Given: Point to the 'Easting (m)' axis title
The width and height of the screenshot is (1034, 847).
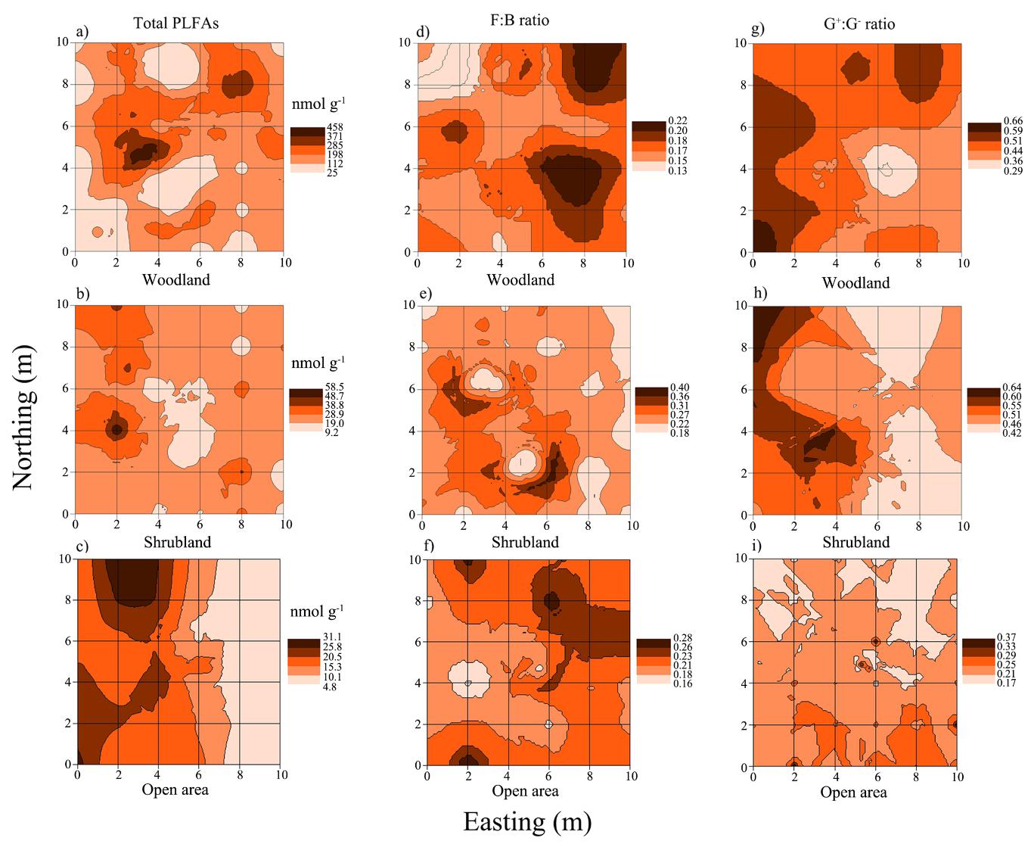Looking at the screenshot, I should [526, 821].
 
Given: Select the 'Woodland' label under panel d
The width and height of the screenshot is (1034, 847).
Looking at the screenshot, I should [520, 280].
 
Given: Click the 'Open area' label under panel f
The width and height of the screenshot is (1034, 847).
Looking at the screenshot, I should [525, 791].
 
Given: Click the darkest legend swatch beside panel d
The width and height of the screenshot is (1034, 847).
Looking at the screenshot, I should [648, 125].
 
